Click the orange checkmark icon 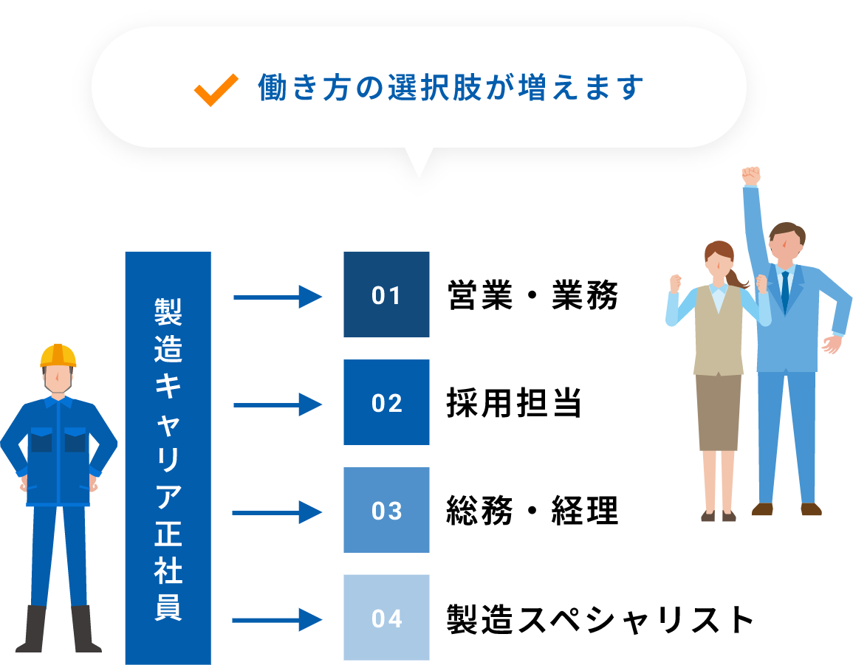point(216,90)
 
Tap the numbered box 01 point(386,294)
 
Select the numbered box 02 point(386,402)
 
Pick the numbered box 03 point(386,510)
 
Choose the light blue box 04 point(386,618)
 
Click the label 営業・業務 point(532,295)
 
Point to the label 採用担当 point(514,403)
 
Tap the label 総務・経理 point(532,511)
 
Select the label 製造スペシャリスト point(600,619)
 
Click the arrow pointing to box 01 point(278,297)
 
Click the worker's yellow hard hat point(58,356)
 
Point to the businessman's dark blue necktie point(784,291)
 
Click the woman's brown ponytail point(736,278)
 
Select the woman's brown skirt point(718,412)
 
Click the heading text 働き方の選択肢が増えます point(451,88)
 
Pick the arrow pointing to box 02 point(278,405)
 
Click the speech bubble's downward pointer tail point(418,162)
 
